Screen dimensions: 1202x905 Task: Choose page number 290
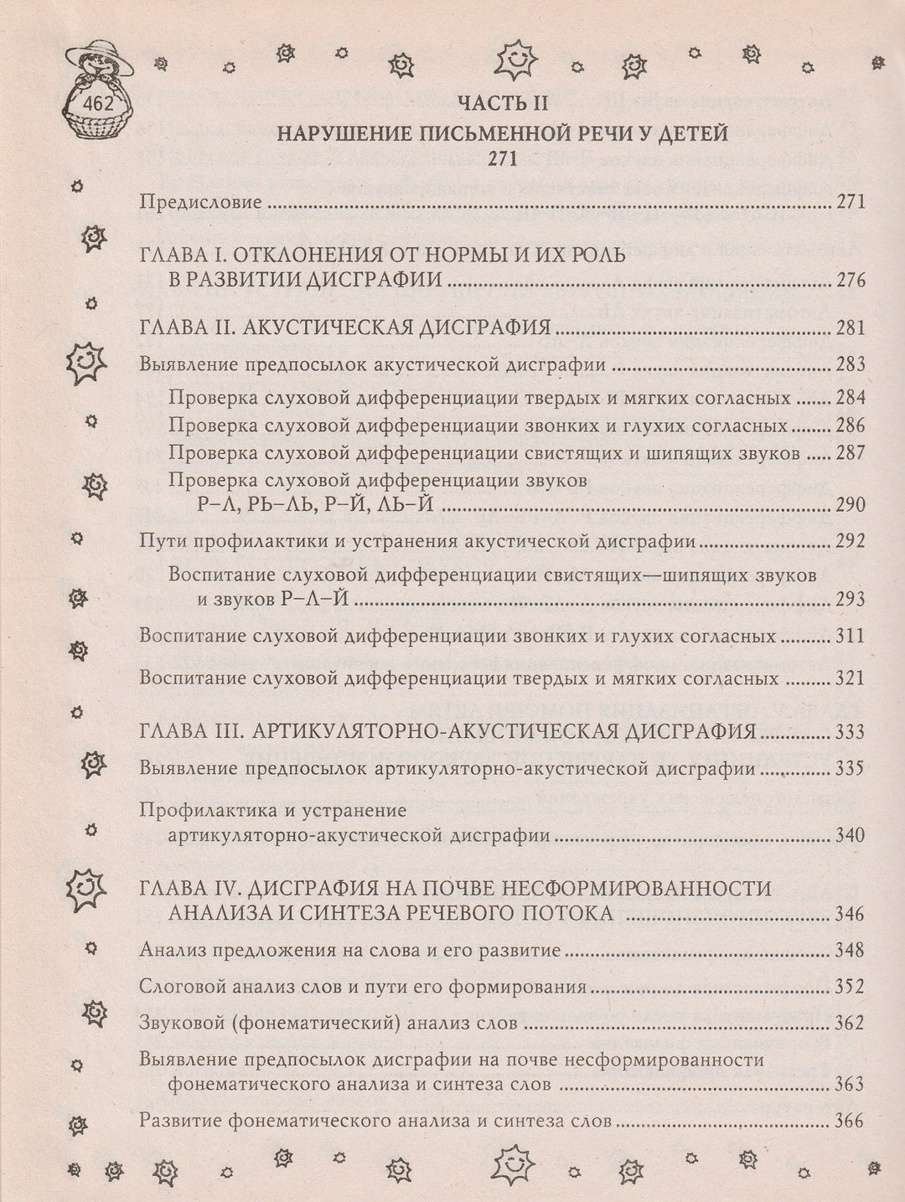coord(849,505)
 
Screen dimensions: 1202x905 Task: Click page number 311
coord(849,637)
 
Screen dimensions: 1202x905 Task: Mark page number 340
coord(849,836)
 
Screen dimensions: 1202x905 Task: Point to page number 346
coord(849,914)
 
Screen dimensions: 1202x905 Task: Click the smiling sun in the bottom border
coord(511,1165)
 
